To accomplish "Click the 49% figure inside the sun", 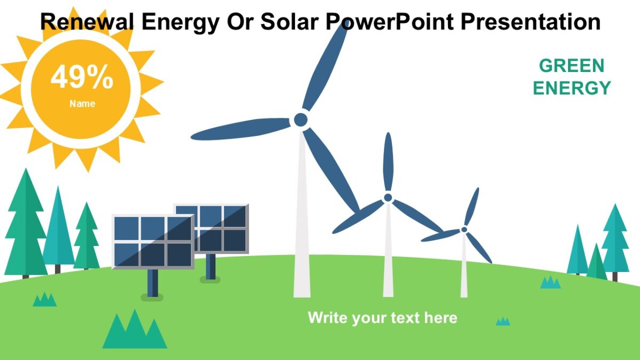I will coord(82,78).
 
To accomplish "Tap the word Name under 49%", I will coord(82,104).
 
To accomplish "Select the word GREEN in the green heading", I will coord(571,66).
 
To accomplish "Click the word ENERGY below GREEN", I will coord(572,88).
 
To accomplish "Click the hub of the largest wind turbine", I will coord(301,119).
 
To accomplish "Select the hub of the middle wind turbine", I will coord(388,197).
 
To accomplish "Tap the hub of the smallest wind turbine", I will coord(464,229).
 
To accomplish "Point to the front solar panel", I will coord(153,241).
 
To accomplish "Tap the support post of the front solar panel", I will coord(153,283).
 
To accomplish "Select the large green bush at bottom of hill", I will coord(134,331).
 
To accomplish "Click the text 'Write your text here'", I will coord(382,318).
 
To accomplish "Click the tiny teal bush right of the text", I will coord(502,321).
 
